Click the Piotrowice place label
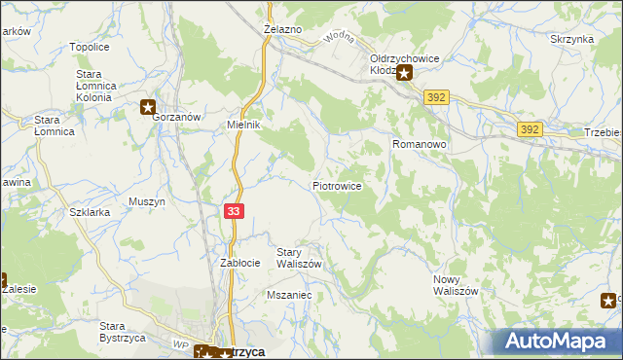338,185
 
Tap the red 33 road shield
234,212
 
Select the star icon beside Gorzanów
148,108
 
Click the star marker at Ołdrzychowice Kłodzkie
403,72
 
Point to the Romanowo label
419,144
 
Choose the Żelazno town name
282,30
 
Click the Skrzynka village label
571,39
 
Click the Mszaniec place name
288,293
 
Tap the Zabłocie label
239,263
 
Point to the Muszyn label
147,202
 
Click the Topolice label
89,47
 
